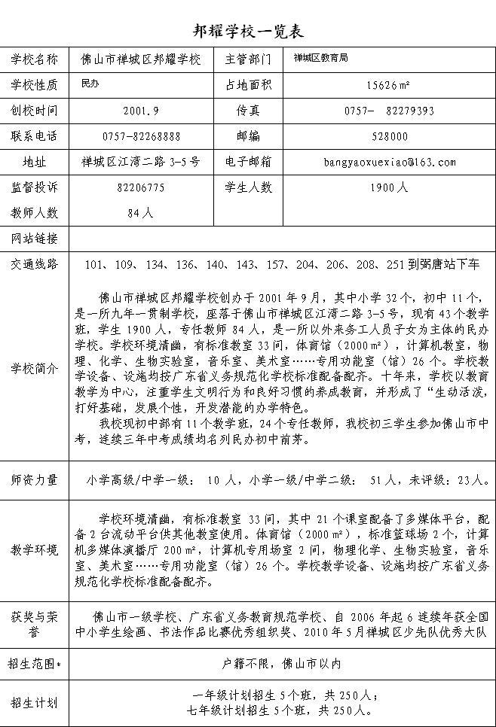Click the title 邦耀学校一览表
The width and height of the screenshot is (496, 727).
click(248, 31)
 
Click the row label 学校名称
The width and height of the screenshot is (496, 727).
click(34, 59)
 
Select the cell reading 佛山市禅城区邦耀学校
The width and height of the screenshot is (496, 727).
click(141, 59)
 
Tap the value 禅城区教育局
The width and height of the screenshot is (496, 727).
click(320, 58)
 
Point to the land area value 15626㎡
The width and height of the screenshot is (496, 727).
click(389, 84)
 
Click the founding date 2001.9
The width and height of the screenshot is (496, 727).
click(141, 110)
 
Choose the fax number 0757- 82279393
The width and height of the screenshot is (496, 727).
click(389, 110)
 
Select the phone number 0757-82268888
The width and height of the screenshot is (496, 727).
click(141, 136)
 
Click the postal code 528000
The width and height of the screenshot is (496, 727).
click(389, 136)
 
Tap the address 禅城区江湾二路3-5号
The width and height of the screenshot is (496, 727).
click(141, 162)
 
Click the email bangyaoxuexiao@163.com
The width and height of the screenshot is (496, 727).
click(389, 162)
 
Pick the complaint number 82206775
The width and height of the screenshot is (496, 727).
click(141, 187)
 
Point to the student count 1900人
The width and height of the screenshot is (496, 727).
click(389, 187)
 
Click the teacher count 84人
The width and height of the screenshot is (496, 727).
click(141, 213)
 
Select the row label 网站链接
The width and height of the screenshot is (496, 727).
click(34, 239)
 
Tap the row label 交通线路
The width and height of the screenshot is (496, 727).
click(34, 264)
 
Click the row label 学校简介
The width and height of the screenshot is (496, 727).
click(34, 368)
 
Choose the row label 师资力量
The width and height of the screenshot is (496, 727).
click(34, 479)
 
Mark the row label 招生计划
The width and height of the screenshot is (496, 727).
click(34, 703)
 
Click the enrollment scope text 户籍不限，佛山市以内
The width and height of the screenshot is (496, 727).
click(282, 664)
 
